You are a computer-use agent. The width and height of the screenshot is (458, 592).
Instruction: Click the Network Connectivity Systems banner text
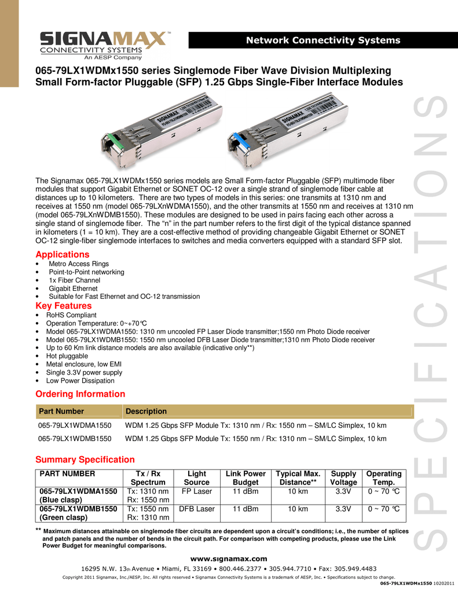pyautogui.click(x=323, y=40)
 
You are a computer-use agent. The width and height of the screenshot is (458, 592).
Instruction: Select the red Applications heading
pyautogui.click(x=63, y=254)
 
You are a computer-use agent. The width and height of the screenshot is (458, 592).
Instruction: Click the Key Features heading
pyautogui.click(x=64, y=305)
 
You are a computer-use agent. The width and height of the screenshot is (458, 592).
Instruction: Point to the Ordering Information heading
pyautogui.click(x=80, y=394)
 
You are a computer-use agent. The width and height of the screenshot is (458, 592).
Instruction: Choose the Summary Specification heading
pyautogui.click(x=85, y=460)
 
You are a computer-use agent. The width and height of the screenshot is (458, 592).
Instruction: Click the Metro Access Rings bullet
pyautogui.click(x=79, y=264)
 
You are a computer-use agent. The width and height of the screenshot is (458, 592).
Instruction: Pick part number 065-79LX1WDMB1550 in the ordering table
pyautogui.click(x=74, y=439)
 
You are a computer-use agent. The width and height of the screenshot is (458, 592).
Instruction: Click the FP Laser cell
pyautogui.click(x=196, y=491)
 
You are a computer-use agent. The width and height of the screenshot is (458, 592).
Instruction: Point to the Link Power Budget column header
pyautogui.click(x=246, y=478)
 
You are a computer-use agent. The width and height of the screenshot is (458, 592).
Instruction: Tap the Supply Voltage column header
pyautogui.click(x=343, y=478)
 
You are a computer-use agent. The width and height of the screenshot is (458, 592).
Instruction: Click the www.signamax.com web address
pyautogui.click(x=229, y=558)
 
